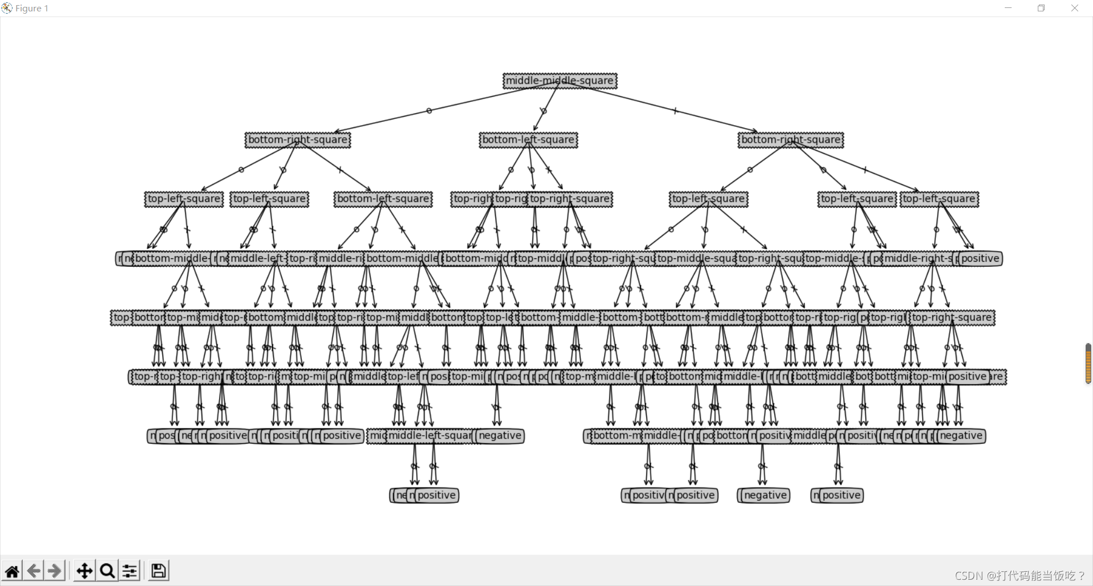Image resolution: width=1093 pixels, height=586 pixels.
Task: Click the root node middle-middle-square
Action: pos(560,81)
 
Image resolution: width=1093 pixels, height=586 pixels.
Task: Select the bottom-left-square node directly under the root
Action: pos(528,140)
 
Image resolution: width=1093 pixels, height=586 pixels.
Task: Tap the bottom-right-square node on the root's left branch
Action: pos(298,140)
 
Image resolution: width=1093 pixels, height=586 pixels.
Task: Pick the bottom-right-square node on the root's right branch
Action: pos(791,140)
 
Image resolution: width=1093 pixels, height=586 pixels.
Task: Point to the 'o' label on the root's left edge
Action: pos(429,111)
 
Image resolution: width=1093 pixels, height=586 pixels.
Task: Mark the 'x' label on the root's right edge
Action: pos(675,111)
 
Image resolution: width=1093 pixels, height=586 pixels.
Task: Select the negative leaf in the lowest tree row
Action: pos(765,496)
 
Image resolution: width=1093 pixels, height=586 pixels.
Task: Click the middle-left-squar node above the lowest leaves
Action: pos(430,436)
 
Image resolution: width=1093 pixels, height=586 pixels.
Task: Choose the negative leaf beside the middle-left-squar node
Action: pos(500,436)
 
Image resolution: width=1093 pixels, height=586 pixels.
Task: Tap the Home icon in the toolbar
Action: pos(12,571)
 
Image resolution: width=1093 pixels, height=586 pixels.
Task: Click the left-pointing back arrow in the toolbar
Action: pos(34,571)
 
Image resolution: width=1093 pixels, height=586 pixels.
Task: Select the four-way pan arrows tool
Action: pos(84,571)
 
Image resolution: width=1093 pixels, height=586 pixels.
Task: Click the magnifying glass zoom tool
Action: pos(107,571)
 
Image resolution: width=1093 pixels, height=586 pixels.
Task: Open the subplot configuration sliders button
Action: pos(130,571)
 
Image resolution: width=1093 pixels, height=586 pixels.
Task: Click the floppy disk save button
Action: pos(159,571)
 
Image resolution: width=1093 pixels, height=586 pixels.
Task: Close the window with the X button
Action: pos(1075,8)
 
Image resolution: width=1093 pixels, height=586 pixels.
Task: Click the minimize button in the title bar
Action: pos(1008,8)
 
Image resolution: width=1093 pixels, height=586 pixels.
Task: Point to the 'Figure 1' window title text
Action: pos(32,9)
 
